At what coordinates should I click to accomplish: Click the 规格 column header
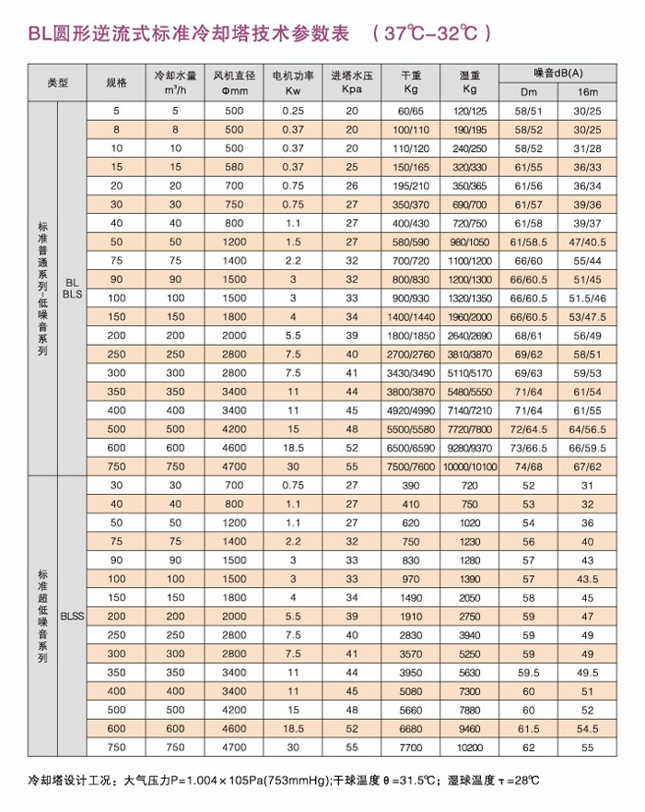pyautogui.click(x=116, y=83)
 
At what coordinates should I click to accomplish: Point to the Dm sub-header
pyautogui.click(x=529, y=91)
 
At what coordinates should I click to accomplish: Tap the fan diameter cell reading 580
pyautogui.click(x=234, y=167)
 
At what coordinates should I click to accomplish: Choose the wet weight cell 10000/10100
pyautogui.click(x=471, y=467)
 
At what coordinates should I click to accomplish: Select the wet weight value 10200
pyautogui.click(x=470, y=746)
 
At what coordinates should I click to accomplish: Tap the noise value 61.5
pyautogui.click(x=529, y=727)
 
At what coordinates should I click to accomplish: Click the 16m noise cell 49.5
pyautogui.click(x=587, y=671)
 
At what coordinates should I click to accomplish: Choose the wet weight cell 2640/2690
pyautogui.click(x=471, y=335)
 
